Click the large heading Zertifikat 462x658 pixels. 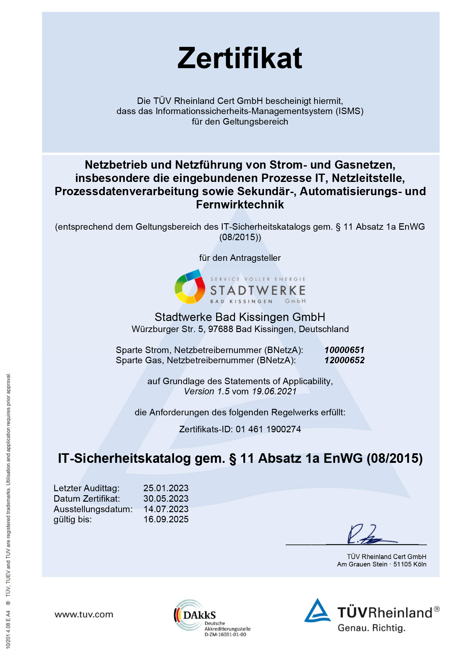click(x=240, y=58)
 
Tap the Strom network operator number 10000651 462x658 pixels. click(x=344, y=350)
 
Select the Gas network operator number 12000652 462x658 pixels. click(x=344, y=360)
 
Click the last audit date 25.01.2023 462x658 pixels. click(x=166, y=488)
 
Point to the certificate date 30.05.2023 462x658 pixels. click(x=166, y=499)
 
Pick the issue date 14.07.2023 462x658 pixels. click(x=166, y=509)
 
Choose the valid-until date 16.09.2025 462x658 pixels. click(x=166, y=519)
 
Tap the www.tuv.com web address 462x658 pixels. click(x=84, y=615)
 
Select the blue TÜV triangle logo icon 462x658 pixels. click(x=317, y=611)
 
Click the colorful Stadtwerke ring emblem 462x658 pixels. click(x=190, y=287)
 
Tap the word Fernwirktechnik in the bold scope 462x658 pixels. click(x=240, y=205)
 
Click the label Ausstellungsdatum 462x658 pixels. click(x=93, y=509)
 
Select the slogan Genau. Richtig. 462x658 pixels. click(x=371, y=628)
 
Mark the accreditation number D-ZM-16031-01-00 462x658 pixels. click(x=225, y=635)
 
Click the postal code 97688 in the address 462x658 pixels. click(x=221, y=329)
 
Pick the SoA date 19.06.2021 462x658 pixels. click(x=274, y=391)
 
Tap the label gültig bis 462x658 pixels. click(x=73, y=519)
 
